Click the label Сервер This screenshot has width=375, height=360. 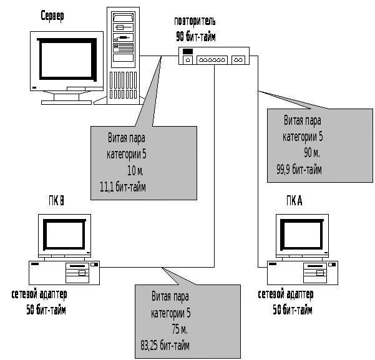point(52,15)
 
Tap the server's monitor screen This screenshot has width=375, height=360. point(67,62)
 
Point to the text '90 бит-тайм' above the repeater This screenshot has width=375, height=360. point(195,37)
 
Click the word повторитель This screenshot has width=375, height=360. point(195,22)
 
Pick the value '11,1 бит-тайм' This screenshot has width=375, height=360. point(123,187)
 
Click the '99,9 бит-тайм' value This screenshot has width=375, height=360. point(300,168)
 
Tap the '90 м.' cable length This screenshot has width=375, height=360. point(312,152)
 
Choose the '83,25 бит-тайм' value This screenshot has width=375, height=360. point(165,345)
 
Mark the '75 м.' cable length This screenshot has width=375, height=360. point(179,329)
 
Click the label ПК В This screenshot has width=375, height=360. point(56,201)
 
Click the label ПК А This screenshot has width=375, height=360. point(295,201)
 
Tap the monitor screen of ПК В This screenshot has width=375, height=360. point(64,235)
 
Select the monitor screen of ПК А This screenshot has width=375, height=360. point(303,235)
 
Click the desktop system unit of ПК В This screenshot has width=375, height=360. point(64,273)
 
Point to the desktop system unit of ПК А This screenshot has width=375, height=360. point(303,273)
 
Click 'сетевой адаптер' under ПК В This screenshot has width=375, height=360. point(39,294)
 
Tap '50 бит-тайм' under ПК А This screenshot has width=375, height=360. point(293,310)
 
